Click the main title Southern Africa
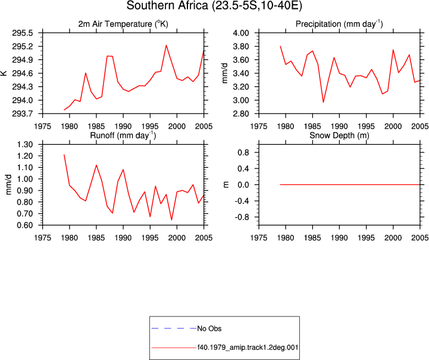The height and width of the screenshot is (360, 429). click(167, 5)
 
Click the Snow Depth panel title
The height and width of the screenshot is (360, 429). click(339, 136)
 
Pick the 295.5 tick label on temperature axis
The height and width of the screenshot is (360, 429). click(23, 33)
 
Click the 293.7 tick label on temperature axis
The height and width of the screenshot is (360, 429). click(23, 114)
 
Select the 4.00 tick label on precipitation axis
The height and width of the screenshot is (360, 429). click(241, 33)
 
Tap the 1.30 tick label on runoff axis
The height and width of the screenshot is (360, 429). click(25, 145)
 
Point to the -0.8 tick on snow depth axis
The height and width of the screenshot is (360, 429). click(242, 217)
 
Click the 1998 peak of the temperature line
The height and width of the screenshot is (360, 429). click(166, 45)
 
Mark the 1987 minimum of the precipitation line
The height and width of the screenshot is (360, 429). click(323, 102)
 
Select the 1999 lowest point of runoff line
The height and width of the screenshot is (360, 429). click(171, 220)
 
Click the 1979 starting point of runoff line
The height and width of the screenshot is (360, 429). click(64, 155)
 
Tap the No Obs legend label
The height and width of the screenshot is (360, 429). click(209, 328)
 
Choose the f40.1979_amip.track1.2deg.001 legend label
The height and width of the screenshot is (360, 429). click(248, 348)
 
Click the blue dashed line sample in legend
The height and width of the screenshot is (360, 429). click(174, 328)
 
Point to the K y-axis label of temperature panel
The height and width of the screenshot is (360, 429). click(4, 73)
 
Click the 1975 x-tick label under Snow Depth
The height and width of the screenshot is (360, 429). click(259, 237)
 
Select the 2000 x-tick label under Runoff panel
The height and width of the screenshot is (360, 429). click(177, 237)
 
